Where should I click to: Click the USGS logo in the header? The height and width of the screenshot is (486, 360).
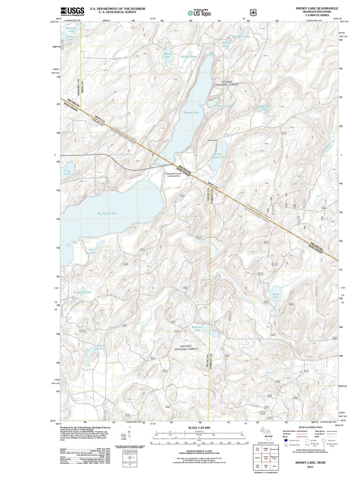(x=72, y=12)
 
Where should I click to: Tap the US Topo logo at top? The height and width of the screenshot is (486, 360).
(x=199, y=13)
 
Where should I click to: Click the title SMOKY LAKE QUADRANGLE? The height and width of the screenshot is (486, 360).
(x=317, y=8)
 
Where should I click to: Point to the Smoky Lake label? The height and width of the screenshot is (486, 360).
(x=191, y=113)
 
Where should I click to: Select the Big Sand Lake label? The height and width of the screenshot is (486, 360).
(x=107, y=213)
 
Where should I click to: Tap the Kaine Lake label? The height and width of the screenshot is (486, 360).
(x=276, y=296)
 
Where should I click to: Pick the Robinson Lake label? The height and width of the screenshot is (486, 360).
(x=197, y=328)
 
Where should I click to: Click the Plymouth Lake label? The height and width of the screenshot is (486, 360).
(x=82, y=292)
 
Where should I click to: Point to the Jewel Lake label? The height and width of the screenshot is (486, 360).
(x=92, y=251)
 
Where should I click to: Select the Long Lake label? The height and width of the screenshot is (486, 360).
(x=67, y=172)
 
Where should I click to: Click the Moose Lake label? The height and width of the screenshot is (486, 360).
(x=168, y=55)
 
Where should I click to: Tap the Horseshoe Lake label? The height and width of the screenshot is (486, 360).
(x=264, y=108)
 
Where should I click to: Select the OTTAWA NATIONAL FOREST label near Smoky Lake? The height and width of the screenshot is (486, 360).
(x=227, y=83)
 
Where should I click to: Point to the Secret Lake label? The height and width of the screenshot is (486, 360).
(x=100, y=347)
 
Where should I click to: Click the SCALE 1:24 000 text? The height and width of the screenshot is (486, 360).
(x=199, y=428)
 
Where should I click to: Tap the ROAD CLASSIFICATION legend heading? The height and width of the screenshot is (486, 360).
(x=310, y=427)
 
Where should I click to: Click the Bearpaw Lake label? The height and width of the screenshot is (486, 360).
(x=241, y=37)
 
